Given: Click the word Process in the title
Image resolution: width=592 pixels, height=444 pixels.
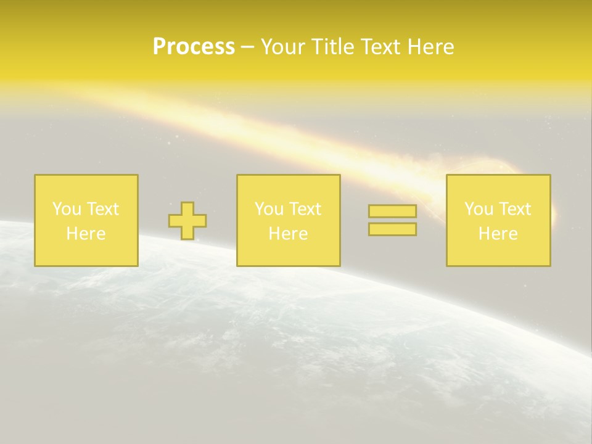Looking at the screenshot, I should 194,47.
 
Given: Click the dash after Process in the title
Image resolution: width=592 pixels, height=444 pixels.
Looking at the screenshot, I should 247,47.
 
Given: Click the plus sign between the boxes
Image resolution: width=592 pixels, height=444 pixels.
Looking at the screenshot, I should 187,221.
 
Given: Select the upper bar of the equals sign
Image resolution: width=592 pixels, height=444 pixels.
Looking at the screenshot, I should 392,212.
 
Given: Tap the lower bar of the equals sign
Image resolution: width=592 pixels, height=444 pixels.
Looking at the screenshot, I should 392,229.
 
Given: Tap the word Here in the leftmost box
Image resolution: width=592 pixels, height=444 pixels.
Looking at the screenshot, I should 86,234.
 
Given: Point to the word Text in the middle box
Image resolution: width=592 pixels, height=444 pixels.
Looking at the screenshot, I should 305,209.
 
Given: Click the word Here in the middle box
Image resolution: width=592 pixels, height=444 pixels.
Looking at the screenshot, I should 288,234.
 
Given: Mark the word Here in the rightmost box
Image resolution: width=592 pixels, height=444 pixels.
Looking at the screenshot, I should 498,234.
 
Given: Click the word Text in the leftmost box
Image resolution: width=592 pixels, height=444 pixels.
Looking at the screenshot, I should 102,209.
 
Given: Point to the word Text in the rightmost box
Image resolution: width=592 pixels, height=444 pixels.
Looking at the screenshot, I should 514,209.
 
